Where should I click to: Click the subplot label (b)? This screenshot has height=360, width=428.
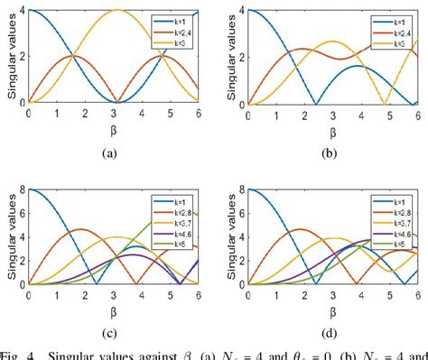(x=330, y=152)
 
